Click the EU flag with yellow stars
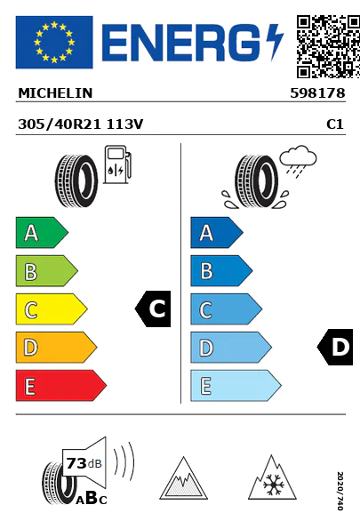[54, 42]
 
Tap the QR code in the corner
[328, 46]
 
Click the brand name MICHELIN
[55, 93]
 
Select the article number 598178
[317, 93]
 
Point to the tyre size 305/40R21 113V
[81, 124]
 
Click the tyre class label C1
[335, 124]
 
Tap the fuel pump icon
[117, 164]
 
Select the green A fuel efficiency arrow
[42, 232]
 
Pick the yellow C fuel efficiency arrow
[52, 309]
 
